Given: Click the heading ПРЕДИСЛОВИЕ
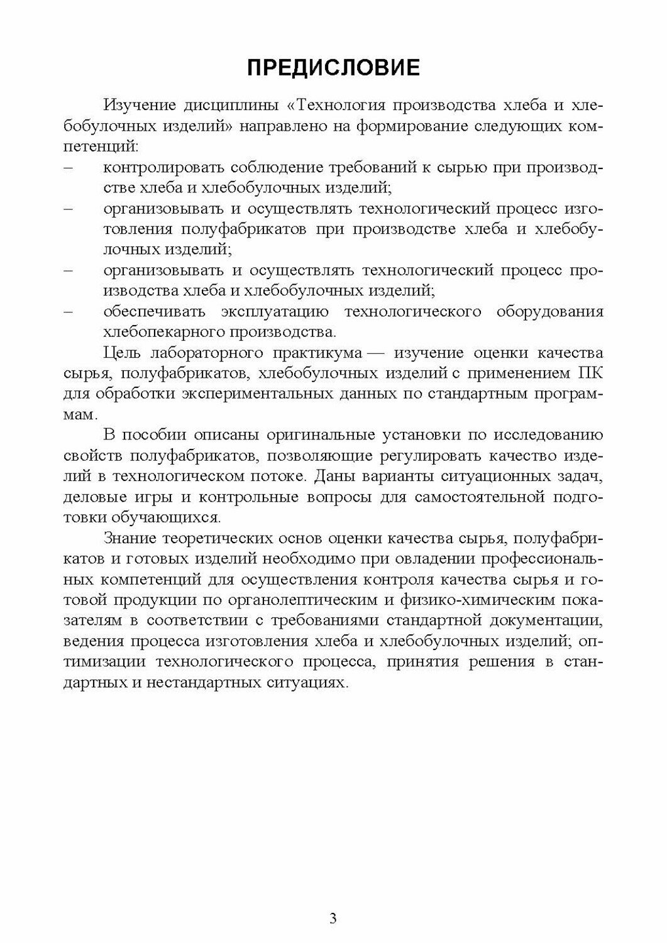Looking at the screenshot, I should tap(333, 67).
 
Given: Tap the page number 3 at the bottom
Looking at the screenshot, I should tap(333, 919).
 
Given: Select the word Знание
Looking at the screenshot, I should tap(128, 538).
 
